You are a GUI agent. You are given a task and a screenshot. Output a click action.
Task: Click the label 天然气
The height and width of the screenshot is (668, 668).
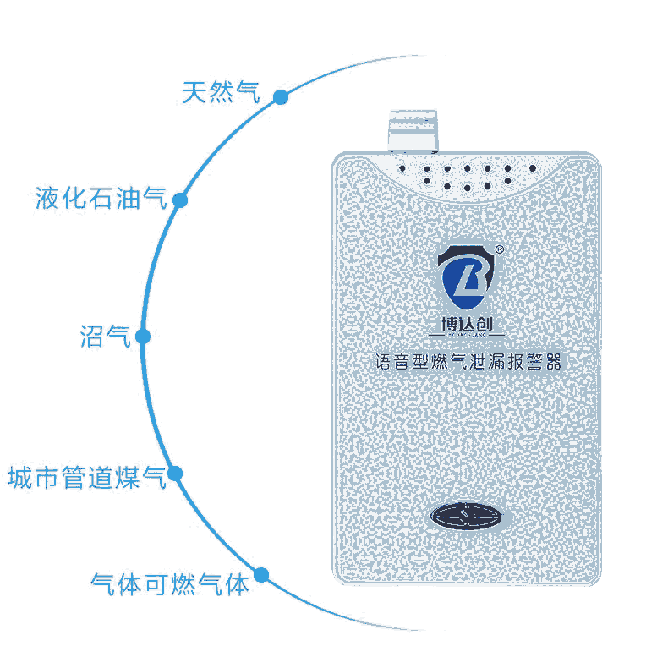pos(221,92)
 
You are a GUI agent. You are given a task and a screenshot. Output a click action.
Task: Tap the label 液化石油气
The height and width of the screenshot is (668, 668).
pos(101,199)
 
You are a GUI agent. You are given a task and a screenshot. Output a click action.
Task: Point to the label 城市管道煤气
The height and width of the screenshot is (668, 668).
pos(85,478)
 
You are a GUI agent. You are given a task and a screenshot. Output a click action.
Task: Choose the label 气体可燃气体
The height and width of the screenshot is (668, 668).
pos(169,583)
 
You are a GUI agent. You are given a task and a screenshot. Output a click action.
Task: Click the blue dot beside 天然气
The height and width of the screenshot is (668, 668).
pos(281,98)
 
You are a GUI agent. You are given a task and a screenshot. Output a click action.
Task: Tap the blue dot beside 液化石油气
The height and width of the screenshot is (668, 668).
pos(180,200)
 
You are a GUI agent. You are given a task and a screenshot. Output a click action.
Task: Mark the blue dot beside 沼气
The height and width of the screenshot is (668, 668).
pos(143,337)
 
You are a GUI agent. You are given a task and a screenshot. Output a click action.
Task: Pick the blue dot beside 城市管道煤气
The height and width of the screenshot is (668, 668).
pos(176,474)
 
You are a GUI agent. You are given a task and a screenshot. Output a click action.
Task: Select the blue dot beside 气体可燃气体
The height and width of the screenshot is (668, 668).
pos(261,575)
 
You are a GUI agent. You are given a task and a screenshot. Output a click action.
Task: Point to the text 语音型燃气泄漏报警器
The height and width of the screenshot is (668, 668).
pos(468,363)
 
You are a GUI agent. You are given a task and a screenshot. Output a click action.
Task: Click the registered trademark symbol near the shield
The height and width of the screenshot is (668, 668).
pos(501,249)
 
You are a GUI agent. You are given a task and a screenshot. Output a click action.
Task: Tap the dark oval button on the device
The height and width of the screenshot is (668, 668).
pos(467,514)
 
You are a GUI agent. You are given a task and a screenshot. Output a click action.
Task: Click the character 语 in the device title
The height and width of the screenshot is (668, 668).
pos(382,363)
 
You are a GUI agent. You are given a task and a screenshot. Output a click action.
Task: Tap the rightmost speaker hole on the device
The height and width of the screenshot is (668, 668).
pos(532,168)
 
